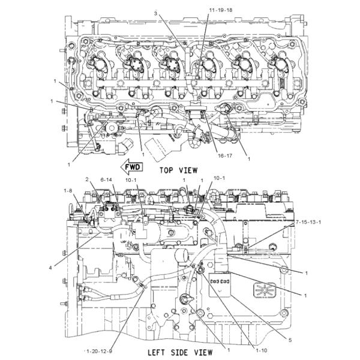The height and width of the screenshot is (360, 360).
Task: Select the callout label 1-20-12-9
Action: pyautogui.click(x=100, y=350)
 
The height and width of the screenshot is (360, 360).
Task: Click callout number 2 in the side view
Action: pyautogui.click(x=87, y=179)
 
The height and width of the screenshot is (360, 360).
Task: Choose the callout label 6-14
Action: pyautogui.click(x=107, y=179)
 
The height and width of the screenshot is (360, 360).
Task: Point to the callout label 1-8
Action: pyautogui.click(x=69, y=190)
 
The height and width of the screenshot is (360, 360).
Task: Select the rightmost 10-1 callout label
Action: pyautogui.click(x=220, y=178)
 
